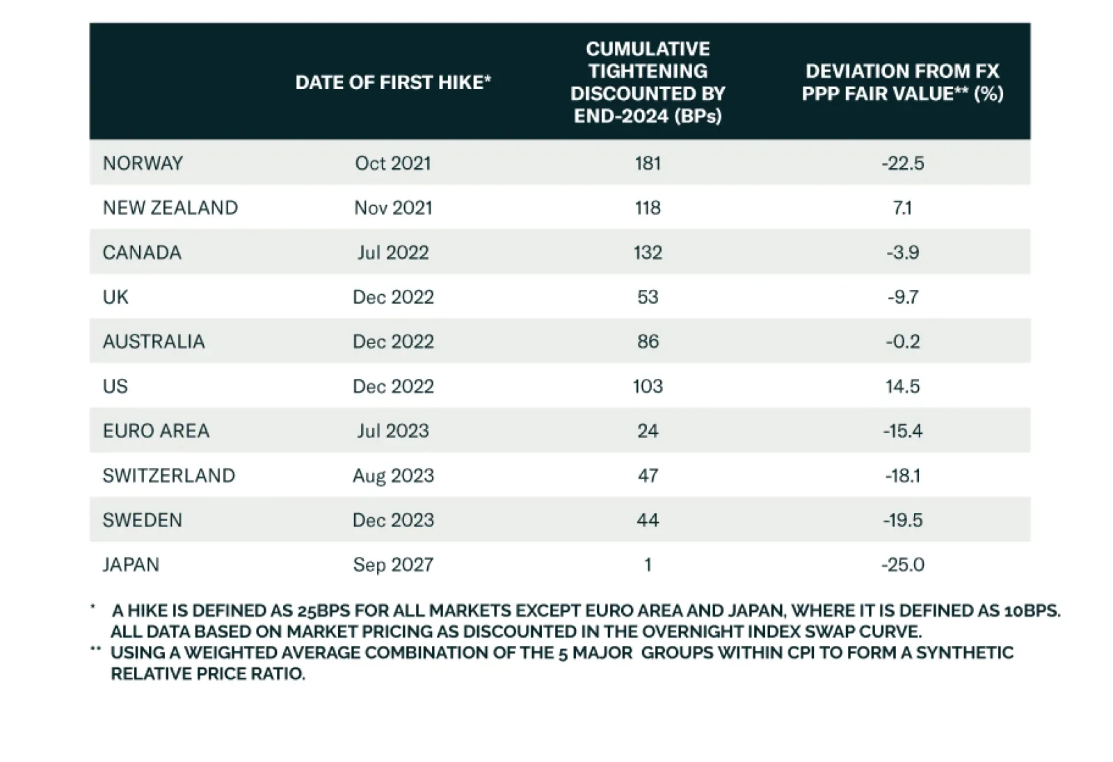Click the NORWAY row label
pyautogui.click(x=143, y=163)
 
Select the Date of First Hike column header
pyautogui.click(x=393, y=82)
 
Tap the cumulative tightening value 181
pyautogui.click(x=647, y=163)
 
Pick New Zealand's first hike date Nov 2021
pyautogui.click(x=393, y=208)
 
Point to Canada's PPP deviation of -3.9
pyautogui.click(x=902, y=252)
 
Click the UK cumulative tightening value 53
pyautogui.click(x=647, y=297)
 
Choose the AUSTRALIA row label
pyautogui.click(x=154, y=341)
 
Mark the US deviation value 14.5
pyautogui.click(x=902, y=386)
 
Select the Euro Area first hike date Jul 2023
pyautogui.click(x=393, y=431)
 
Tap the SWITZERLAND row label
pyautogui.click(x=168, y=476)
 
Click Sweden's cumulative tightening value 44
pyautogui.click(x=647, y=520)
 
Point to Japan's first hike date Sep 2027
pyautogui.click(x=393, y=565)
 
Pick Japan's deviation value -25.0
pyautogui.click(x=902, y=565)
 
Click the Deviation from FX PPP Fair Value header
pyautogui.click(x=902, y=82)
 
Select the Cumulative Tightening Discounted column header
pyautogui.click(x=647, y=82)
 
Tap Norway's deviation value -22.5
pyautogui.click(x=902, y=163)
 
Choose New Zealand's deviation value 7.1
pyautogui.click(x=902, y=208)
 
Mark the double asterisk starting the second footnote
pyautogui.click(x=95, y=650)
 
